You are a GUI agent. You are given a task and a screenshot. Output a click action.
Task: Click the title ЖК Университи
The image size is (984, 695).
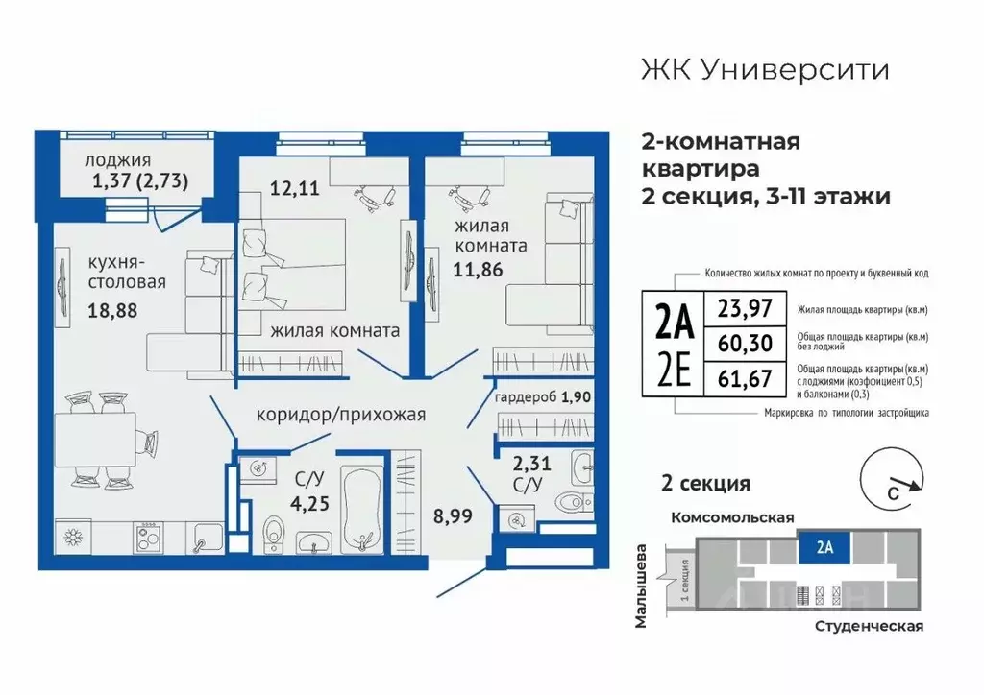(764, 70)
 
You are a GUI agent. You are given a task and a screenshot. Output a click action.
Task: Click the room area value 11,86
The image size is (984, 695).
(478, 269)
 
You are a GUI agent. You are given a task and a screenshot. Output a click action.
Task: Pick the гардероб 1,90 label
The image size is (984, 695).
(540, 397)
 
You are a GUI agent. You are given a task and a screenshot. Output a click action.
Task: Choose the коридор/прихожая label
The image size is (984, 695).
(340, 415)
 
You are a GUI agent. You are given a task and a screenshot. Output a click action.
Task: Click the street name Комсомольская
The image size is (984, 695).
(731, 516)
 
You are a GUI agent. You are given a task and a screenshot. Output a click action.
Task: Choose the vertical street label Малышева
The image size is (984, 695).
(642, 588)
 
